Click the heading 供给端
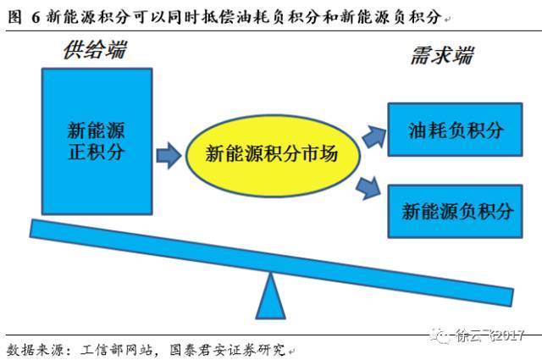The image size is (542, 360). (x=95, y=50)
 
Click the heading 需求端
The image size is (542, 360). (x=442, y=55)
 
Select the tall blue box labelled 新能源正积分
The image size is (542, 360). (x=97, y=141)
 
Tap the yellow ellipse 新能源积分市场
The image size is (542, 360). (x=273, y=156)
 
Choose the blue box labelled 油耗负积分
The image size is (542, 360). (x=455, y=130)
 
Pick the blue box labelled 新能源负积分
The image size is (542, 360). (x=455, y=211)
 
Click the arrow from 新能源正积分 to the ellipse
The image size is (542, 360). (x=169, y=156)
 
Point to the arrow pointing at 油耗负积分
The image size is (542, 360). (x=374, y=137)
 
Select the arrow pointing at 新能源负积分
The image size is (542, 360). (x=368, y=188)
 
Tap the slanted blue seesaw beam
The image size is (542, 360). (x=272, y=263)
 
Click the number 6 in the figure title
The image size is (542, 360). (x=36, y=17)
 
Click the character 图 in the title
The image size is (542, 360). (x=14, y=17)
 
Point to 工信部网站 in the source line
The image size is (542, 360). (x=117, y=350)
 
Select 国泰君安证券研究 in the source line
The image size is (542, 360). (x=228, y=350)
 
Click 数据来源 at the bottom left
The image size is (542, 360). (x=35, y=350)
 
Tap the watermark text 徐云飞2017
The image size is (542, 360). (x=489, y=335)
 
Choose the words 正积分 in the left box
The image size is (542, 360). (x=97, y=152)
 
